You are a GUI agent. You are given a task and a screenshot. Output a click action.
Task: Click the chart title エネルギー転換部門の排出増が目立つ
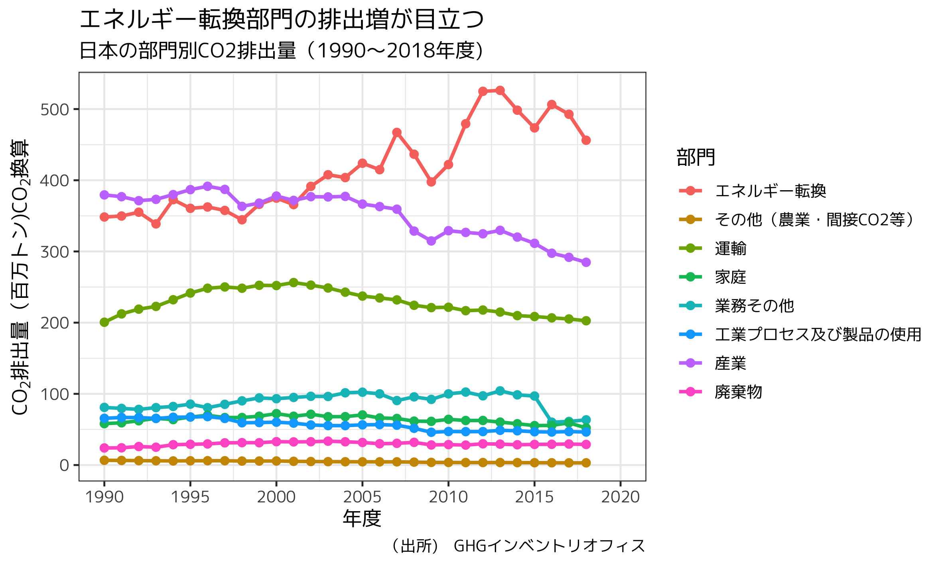pyautogui.click(x=282, y=20)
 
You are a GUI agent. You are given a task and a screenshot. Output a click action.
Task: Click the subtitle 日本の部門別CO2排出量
pyautogui.click(x=281, y=51)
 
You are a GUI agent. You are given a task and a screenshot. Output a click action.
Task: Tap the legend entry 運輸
pyautogui.click(x=730, y=249)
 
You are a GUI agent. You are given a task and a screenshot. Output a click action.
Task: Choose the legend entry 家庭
pyautogui.click(x=730, y=277)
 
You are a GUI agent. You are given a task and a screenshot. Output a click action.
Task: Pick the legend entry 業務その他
pyautogui.click(x=754, y=306)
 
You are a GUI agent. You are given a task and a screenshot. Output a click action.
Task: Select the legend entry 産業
pyautogui.click(x=730, y=363)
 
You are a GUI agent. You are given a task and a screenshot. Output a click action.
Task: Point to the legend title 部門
pyautogui.click(x=696, y=157)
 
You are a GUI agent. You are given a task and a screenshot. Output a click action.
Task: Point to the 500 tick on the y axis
pyautogui.click(x=55, y=110)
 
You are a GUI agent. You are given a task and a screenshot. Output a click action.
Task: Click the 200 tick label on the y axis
pyautogui.click(x=55, y=323)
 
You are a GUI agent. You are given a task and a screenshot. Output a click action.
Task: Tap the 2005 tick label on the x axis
pyautogui.click(x=362, y=497)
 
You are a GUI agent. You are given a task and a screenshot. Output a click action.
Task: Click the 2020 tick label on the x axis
pyautogui.click(x=620, y=497)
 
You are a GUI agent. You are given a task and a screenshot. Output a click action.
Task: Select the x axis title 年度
pyautogui.click(x=362, y=519)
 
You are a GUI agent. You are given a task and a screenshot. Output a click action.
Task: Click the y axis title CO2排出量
pyautogui.click(x=20, y=277)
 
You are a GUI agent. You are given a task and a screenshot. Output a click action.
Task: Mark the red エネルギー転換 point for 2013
pyautogui.click(x=500, y=91)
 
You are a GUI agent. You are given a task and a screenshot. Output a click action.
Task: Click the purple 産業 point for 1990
pyautogui.click(x=104, y=195)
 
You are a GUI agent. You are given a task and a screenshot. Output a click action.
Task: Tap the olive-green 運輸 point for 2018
pyautogui.click(x=586, y=321)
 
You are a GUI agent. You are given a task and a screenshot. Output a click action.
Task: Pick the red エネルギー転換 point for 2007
pyautogui.click(x=396, y=132)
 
